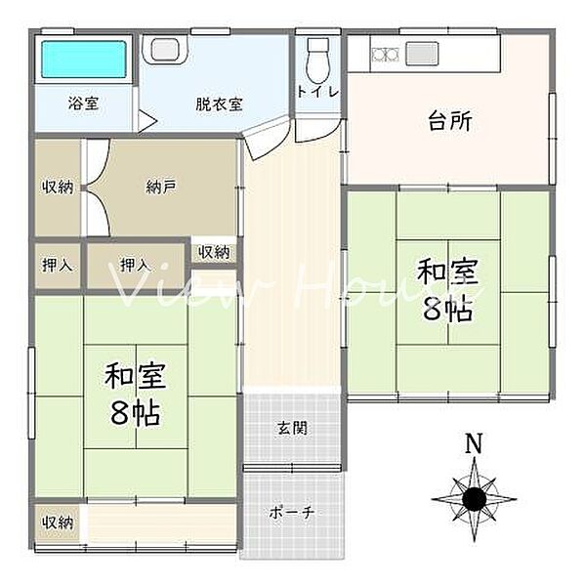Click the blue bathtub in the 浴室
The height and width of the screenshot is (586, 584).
(x=85, y=62)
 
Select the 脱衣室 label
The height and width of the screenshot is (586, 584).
(x=219, y=104)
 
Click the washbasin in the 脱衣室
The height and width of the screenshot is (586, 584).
(x=163, y=48)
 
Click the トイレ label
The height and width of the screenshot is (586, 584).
(x=318, y=92)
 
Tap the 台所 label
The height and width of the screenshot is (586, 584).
(x=449, y=121)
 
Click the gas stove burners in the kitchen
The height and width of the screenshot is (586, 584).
(x=384, y=53)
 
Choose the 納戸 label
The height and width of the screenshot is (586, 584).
(x=161, y=187)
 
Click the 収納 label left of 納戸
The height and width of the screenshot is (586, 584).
(x=58, y=187)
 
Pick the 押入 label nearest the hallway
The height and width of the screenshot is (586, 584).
(x=135, y=265)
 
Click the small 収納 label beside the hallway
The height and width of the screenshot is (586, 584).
(x=214, y=252)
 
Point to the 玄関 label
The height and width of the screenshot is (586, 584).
(x=290, y=427)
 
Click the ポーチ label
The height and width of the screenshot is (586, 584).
(x=292, y=513)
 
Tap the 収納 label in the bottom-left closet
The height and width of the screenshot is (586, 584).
(x=58, y=523)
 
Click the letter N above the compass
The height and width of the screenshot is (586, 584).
(x=474, y=444)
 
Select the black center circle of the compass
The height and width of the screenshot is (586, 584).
(x=475, y=500)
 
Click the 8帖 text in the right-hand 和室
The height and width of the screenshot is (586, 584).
(x=447, y=309)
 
